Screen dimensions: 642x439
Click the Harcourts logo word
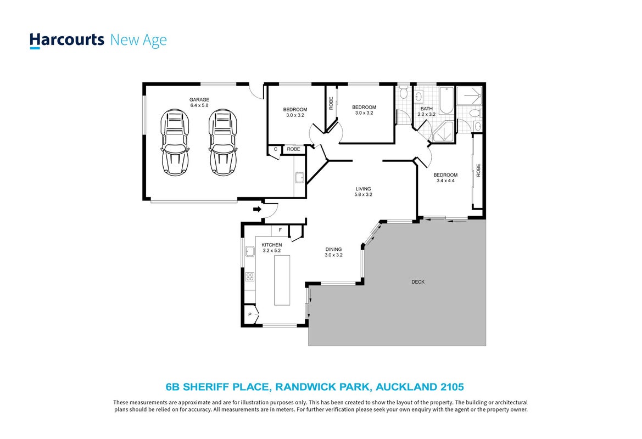tap(67, 40)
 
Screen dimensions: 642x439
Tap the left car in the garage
tap(175, 142)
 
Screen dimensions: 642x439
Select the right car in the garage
tap(223, 142)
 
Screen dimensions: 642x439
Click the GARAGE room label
tap(199, 100)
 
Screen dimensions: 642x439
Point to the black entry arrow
tap(257, 210)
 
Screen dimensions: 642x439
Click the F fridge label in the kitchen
tap(281, 230)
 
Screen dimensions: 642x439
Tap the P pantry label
tap(250, 314)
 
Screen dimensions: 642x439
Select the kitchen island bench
tap(282, 280)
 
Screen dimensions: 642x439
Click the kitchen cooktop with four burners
tap(250, 277)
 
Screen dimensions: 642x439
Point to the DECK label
tap(418, 282)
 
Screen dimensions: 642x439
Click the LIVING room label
tap(364, 189)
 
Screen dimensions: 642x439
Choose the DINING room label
tap(334, 249)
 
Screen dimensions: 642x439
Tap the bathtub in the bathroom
tap(446, 100)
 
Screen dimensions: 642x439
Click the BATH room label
tap(427, 109)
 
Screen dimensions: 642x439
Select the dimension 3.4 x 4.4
tap(445, 181)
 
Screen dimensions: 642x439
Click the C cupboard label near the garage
tap(276, 149)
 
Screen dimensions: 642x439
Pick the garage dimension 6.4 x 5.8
tap(199, 105)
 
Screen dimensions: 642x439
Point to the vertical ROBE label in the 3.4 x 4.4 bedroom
tap(478, 170)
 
